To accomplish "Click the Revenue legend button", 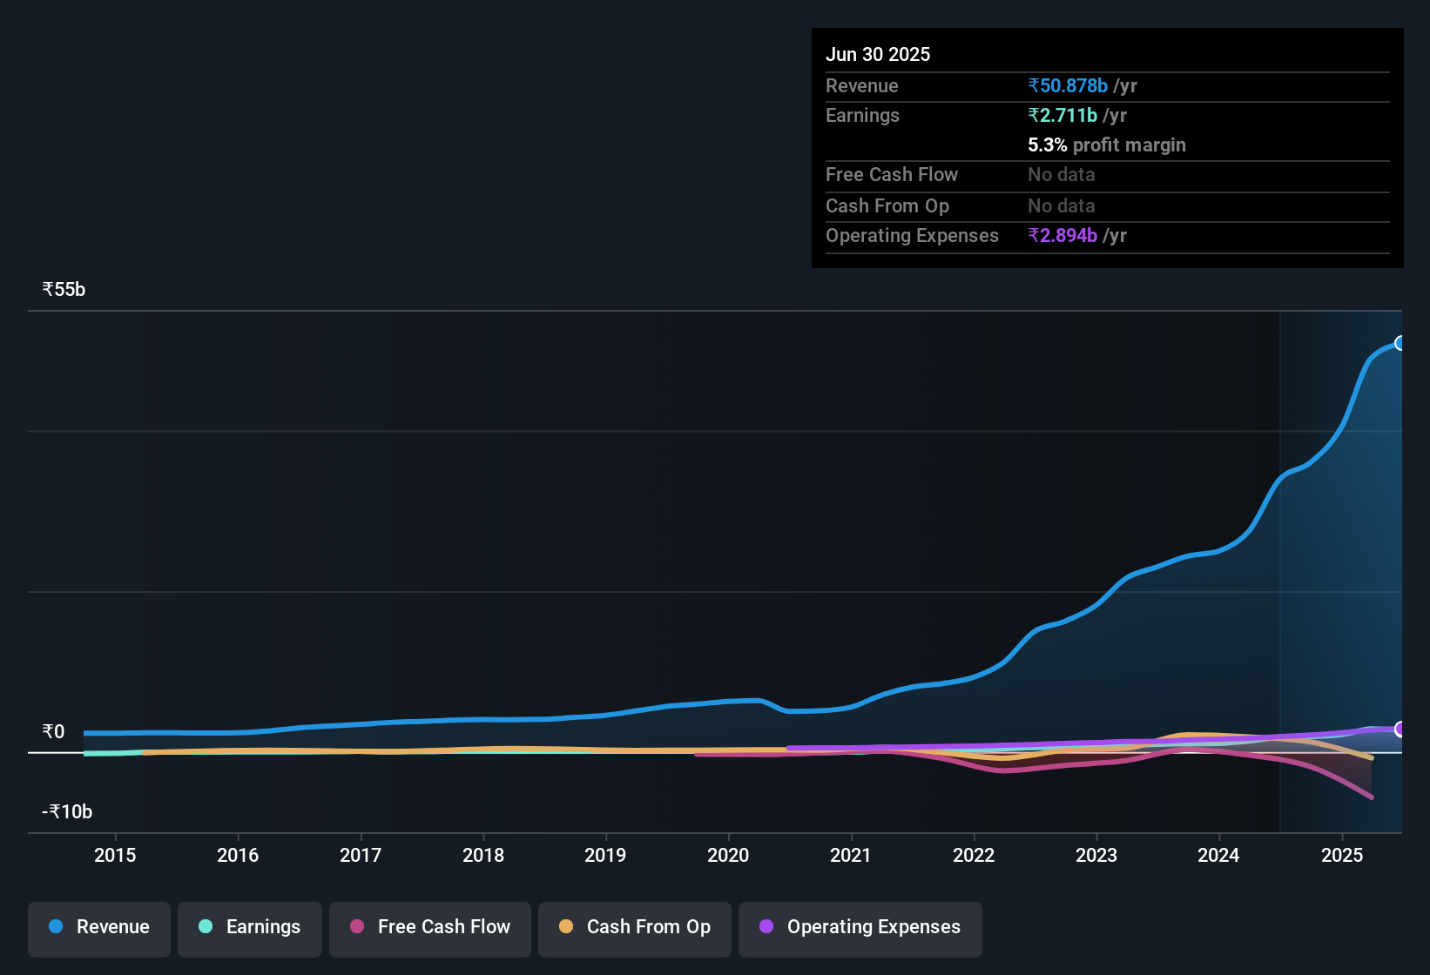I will [99, 927].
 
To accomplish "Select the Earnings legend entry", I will [249, 927].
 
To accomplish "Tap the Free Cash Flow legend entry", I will [430, 927].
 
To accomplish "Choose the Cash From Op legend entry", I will [635, 927].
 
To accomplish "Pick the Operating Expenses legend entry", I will [860, 927].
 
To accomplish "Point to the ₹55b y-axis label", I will [64, 290].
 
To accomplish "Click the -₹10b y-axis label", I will [67, 812].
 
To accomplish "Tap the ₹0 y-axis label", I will [53, 732].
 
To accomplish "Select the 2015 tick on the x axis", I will [115, 856].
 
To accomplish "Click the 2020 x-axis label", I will [728, 856].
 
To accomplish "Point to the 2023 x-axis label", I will [1096, 856].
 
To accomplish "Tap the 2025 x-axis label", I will [1342, 856].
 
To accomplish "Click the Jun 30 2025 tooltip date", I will [878, 55].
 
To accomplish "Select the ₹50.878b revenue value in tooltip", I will [1068, 86].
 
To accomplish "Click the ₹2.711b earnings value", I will [1062, 116].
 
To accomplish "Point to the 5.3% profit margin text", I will [1106, 145].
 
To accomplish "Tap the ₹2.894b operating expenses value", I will [1062, 236].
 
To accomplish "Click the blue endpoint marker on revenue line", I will [1400, 343].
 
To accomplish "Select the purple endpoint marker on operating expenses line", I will [1400, 729].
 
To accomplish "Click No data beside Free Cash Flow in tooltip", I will [1061, 175].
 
